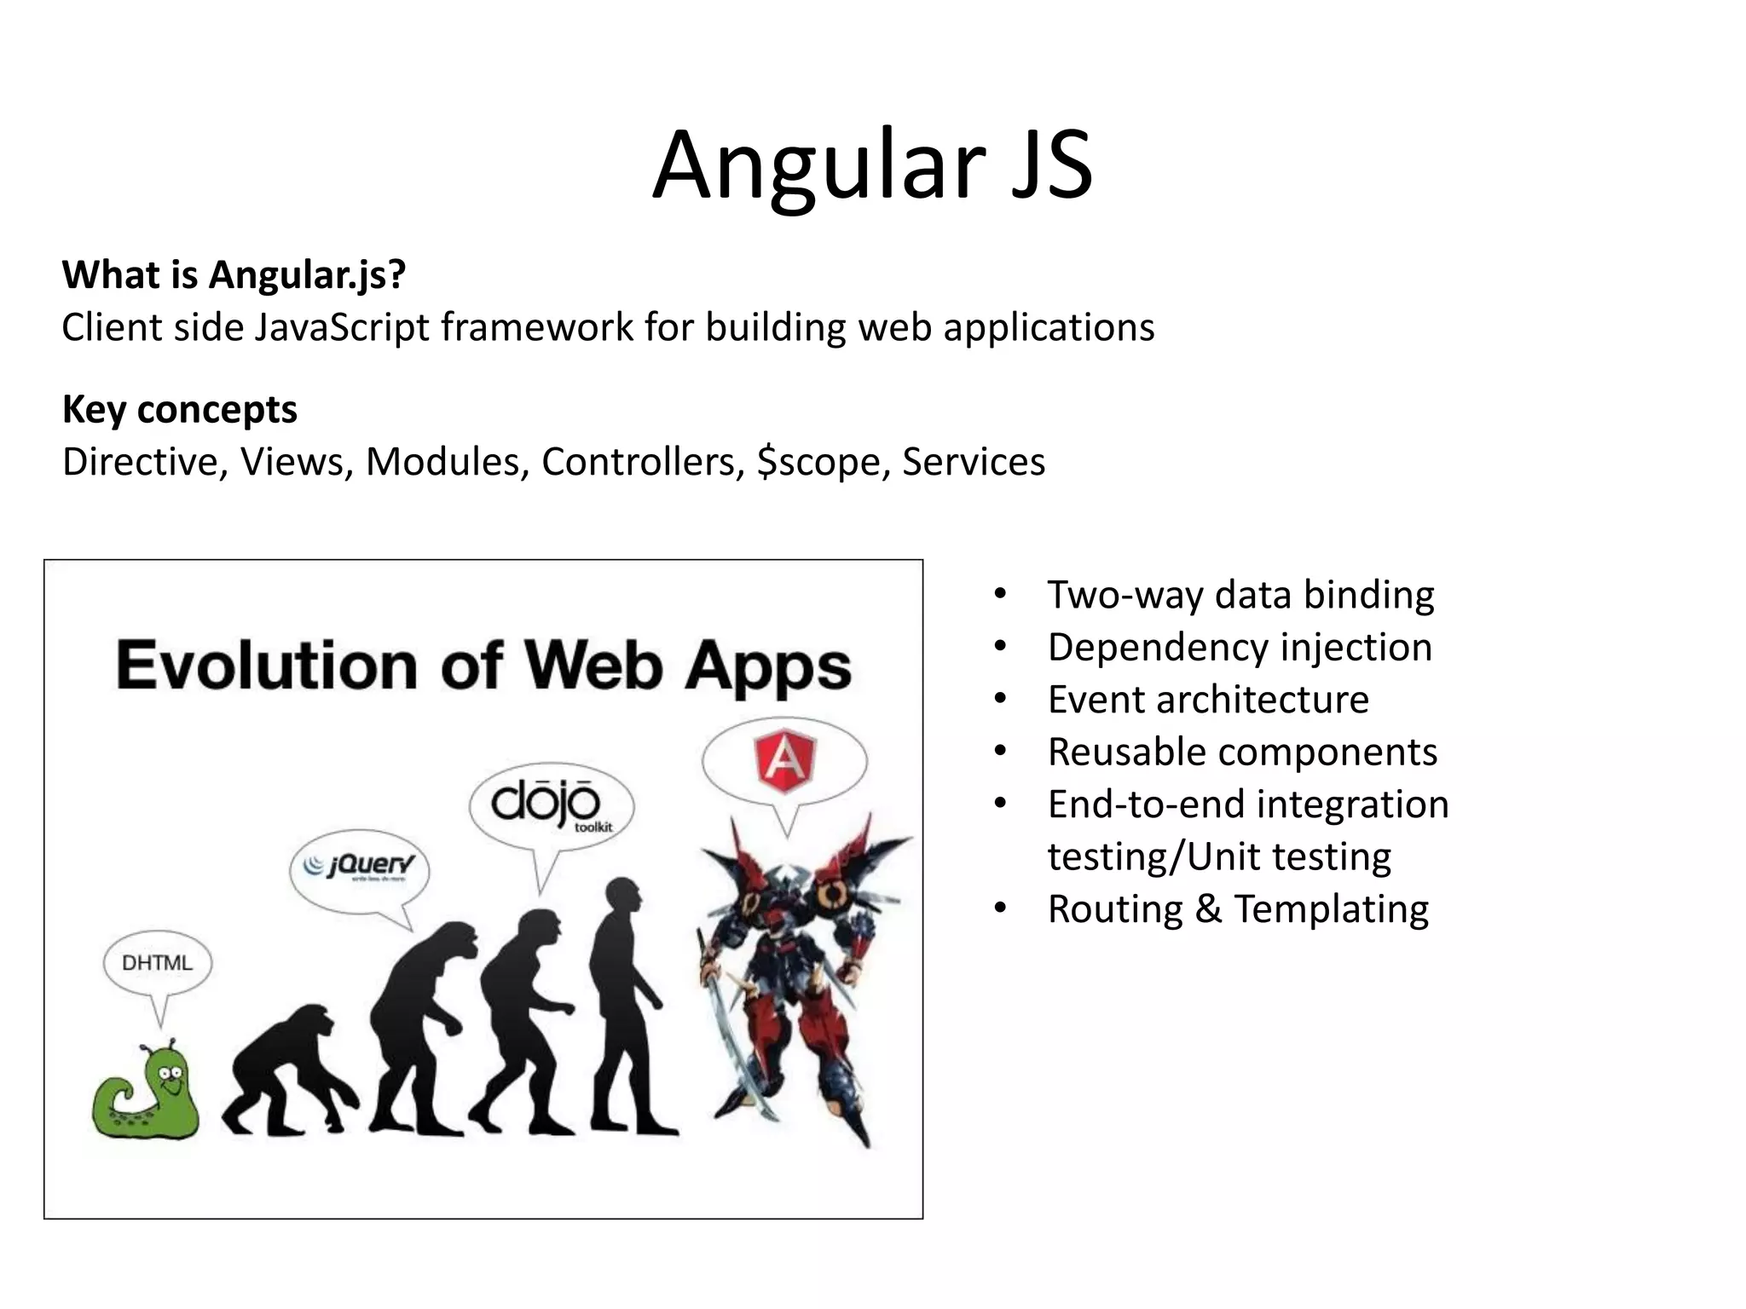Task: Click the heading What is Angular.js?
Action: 234,274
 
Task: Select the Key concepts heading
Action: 180,409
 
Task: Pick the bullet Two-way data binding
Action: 1240,594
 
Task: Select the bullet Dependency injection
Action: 1240,647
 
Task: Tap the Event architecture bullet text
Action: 1208,700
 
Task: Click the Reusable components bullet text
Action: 1242,752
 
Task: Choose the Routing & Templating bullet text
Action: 1238,908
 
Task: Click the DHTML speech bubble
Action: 158,963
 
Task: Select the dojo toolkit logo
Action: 551,805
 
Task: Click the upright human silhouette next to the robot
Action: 627,1006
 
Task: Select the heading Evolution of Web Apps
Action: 483,666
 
